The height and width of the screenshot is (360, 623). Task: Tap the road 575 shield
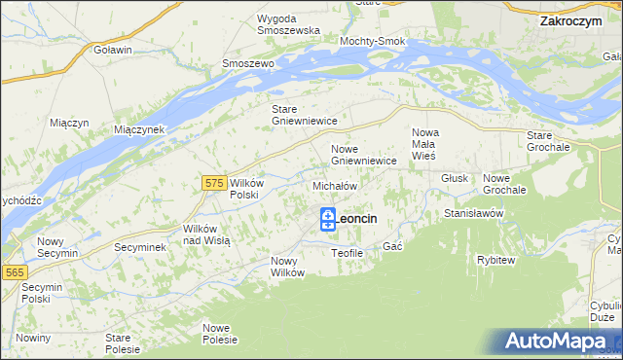[216, 182]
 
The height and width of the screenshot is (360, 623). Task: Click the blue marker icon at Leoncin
[328, 219]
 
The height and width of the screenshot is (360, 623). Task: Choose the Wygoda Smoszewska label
[289, 24]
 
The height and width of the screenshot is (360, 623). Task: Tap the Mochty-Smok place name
[371, 42]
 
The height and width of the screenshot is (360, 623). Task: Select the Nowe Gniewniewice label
[363, 155]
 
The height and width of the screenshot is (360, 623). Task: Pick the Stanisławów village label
[472, 212]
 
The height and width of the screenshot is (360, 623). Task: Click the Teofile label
[347, 253]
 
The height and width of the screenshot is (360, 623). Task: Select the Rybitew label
[495, 260]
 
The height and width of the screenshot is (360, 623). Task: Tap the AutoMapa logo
[560, 342]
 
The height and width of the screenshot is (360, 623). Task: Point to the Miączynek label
[140, 129]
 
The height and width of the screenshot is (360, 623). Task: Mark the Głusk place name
[455, 179]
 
